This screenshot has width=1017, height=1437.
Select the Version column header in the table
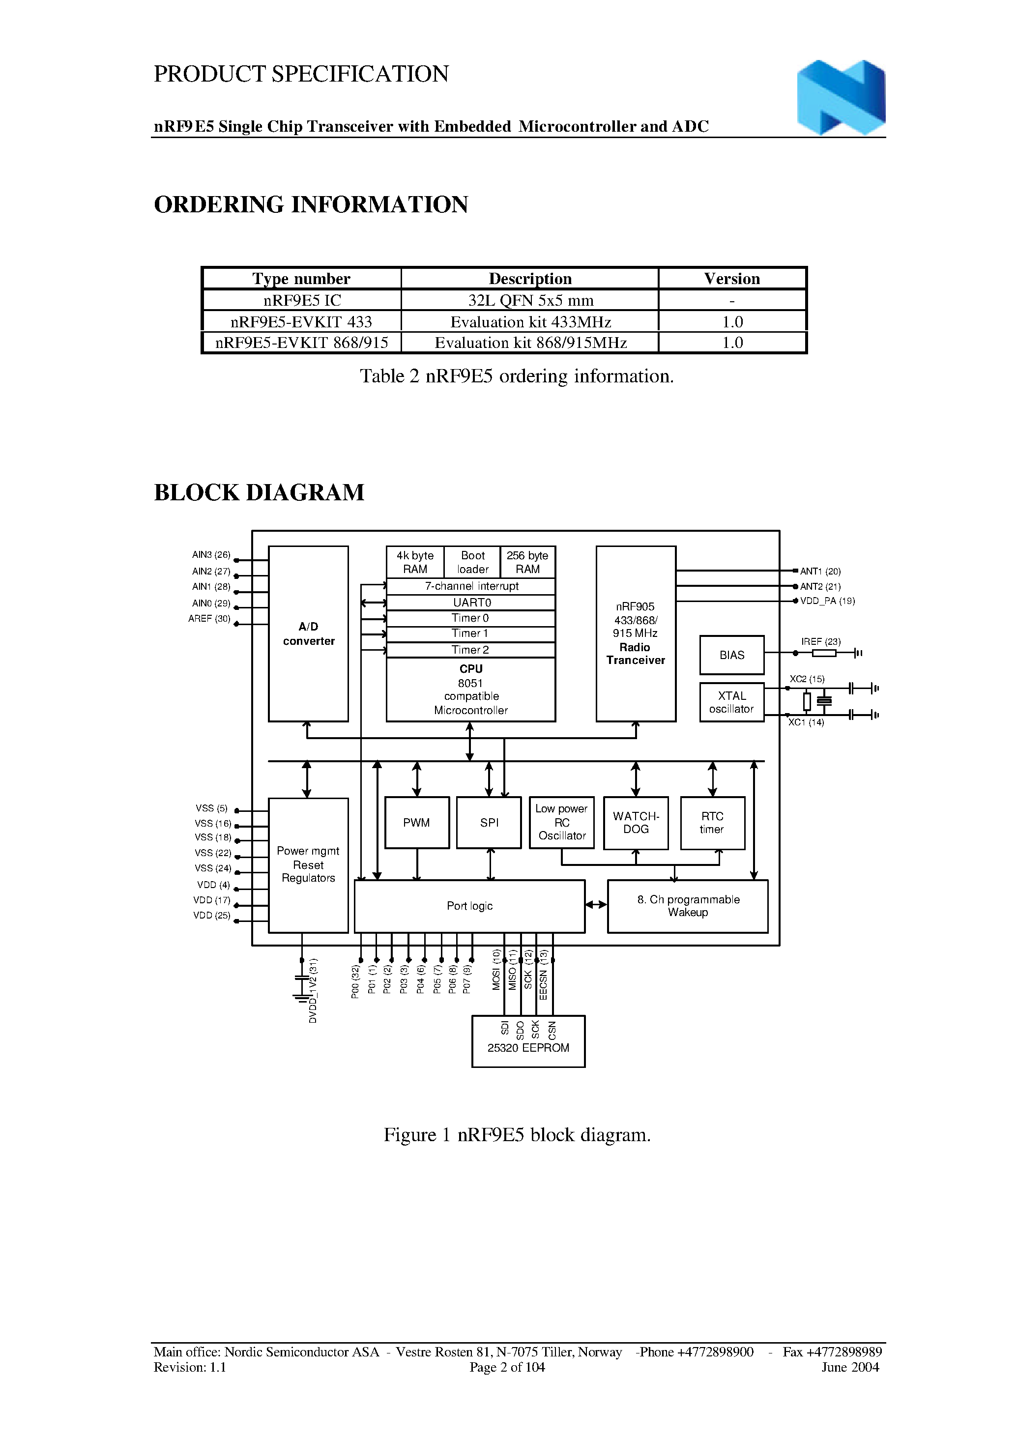[x=731, y=279]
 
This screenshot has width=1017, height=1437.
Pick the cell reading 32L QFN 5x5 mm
[x=530, y=301]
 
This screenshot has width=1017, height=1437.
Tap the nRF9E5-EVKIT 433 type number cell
[x=301, y=322]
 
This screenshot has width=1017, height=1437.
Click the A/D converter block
[x=308, y=633]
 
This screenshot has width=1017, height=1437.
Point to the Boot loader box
[x=472, y=562]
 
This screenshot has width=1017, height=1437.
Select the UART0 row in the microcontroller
[x=471, y=603]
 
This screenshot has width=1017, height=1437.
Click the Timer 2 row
[x=471, y=650]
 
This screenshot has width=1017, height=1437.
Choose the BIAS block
[x=731, y=655]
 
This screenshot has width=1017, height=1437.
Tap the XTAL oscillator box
[x=731, y=702]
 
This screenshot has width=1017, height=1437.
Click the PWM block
[x=416, y=823]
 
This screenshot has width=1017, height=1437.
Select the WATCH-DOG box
[x=636, y=823]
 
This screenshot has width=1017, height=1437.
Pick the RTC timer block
[x=712, y=823]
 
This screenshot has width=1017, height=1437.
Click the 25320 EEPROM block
[x=528, y=1041]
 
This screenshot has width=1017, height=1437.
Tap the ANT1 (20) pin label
[x=820, y=571]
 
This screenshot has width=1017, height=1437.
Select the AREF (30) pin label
[x=209, y=619]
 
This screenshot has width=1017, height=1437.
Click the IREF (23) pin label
[x=820, y=641]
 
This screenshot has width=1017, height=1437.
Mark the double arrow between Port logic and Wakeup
[x=596, y=904]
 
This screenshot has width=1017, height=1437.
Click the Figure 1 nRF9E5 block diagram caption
[x=517, y=1135]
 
